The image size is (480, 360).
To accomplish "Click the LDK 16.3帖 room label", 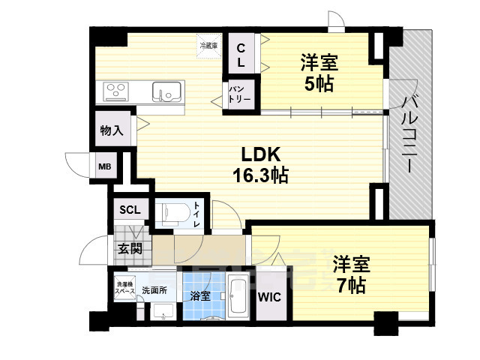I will (260, 164).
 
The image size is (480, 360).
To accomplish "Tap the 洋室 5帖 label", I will (317, 72).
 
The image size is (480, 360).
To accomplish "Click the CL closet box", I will (241, 55).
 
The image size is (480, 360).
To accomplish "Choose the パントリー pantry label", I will (241, 94).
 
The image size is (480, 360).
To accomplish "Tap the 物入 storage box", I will (112, 130).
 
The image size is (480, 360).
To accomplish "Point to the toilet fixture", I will (171, 212).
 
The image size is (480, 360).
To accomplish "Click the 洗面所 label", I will (155, 289).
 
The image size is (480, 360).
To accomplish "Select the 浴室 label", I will (199, 296).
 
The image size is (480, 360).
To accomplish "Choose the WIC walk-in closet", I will (269, 297).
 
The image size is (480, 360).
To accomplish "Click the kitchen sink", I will (166, 91).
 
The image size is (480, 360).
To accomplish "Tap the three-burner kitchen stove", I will (118, 91).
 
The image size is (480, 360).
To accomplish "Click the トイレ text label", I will (196, 214).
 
